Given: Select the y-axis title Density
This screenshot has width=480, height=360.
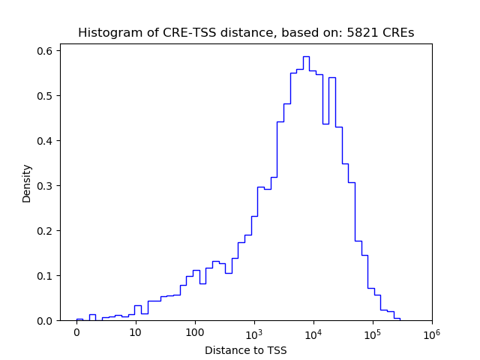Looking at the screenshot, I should click(27, 183).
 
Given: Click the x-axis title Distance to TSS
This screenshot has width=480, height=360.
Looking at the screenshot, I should click(245, 350).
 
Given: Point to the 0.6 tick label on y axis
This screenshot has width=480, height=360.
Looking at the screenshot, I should click(45, 50).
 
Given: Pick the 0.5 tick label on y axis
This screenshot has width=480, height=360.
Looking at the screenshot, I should click(45, 95).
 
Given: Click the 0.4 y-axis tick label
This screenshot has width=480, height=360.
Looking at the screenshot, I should click(45, 140).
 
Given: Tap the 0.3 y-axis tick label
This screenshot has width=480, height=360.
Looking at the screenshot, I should click(45, 185).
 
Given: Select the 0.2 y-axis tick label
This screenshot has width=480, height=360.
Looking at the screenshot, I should click(45, 230).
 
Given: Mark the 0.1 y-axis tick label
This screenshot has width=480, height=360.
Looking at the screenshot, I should click(45, 275).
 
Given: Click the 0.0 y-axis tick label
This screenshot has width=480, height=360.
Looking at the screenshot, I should click(45, 320).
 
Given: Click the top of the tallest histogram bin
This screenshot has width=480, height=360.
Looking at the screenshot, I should click(306, 56).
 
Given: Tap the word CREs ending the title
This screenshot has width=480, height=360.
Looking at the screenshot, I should click(400, 33).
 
